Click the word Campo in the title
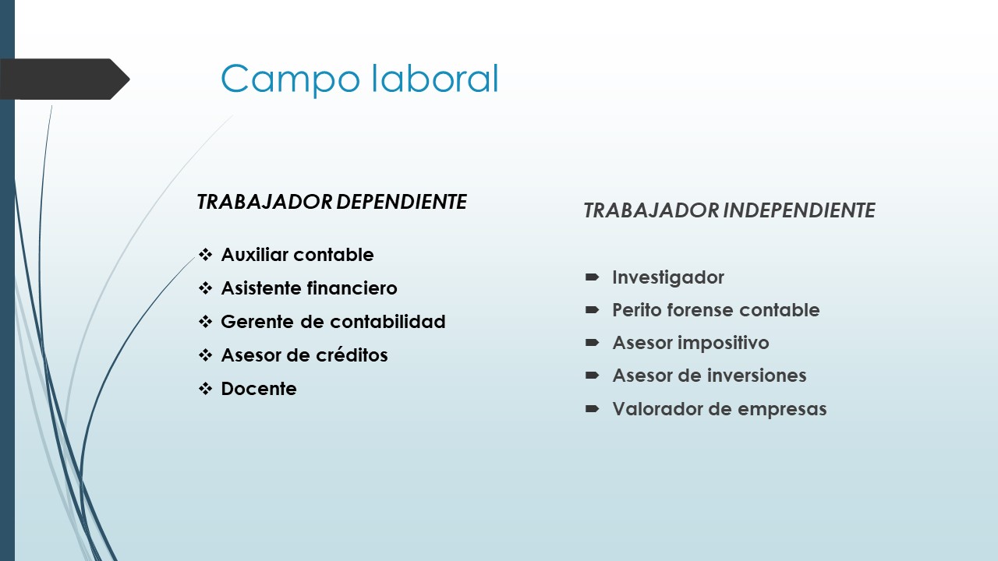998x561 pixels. (x=290, y=79)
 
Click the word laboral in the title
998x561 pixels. (x=434, y=78)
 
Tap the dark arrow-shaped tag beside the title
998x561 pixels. (x=65, y=79)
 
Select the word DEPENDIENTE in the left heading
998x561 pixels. (x=402, y=202)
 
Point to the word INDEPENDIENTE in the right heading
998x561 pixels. (x=799, y=210)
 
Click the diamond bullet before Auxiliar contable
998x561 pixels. (x=205, y=255)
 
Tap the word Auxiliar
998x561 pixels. (x=255, y=255)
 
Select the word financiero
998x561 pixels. (x=352, y=288)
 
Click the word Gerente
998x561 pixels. (x=257, y=322)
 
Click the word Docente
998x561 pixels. (x=259, y=389)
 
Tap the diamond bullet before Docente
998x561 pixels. (x=205, y=389)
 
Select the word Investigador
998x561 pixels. (x=668, y=277)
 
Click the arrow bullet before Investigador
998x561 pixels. (x=592, y=277)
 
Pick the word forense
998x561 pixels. (x=701, y=310)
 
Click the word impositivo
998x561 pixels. (x=724, y=343)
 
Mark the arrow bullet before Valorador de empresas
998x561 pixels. (x=592, y=409)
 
